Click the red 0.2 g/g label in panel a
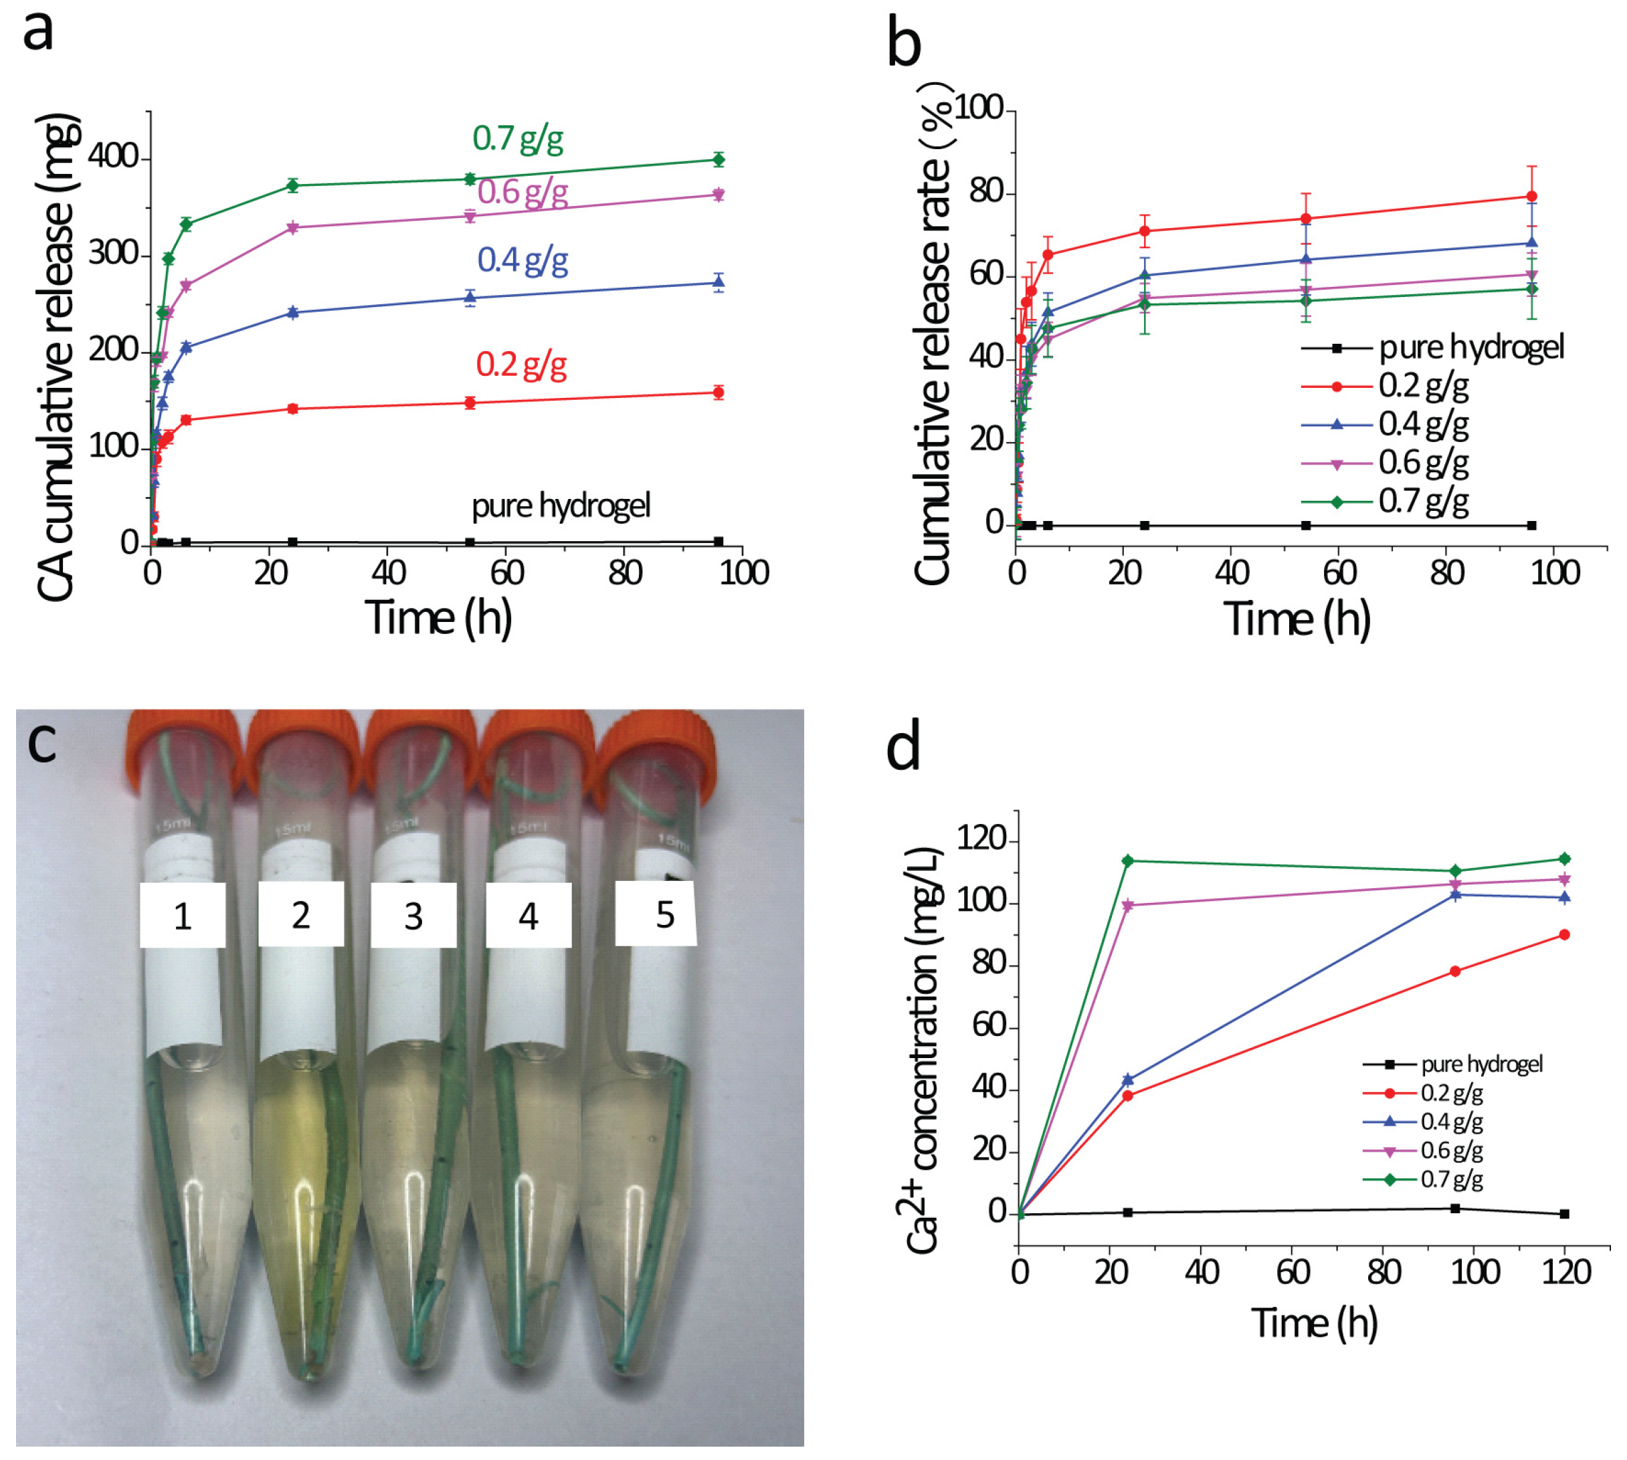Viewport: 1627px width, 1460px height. [x=521, y=365]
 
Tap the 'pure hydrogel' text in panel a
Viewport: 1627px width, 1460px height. [x=560, y=506]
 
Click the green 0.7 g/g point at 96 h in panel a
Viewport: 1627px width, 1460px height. [x=718, y=160]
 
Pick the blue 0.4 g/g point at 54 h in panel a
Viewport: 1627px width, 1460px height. [x=470, y=298]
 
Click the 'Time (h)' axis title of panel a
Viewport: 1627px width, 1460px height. [x=438, y=619]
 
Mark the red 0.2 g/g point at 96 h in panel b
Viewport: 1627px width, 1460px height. [x=1531, y=197]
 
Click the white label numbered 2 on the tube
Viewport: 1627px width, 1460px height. [x=301, y=914]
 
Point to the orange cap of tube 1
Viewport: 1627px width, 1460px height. [x=181, y=742]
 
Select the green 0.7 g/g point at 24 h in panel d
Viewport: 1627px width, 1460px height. [x=1127, y=861]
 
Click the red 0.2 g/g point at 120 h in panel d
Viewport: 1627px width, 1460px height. [x=1563, y=934]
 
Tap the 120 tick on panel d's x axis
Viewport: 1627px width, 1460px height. [x=1565, y=1273]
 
